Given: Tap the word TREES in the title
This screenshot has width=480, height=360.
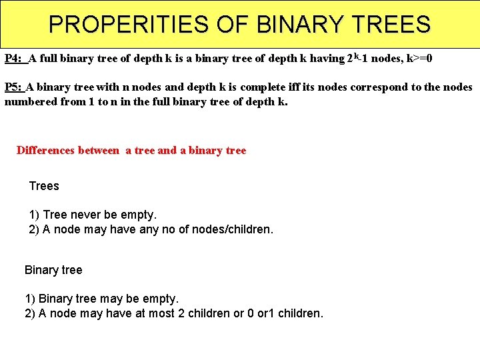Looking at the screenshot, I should point(393,25).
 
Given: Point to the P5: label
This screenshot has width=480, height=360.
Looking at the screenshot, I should point(13,87).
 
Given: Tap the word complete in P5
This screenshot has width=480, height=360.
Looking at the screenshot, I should point(264,87).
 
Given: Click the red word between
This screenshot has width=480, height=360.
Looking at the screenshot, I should point(99,151).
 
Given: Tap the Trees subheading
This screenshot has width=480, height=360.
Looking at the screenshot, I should point(44,186).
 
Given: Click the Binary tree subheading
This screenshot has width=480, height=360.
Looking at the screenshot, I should point(53,270).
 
